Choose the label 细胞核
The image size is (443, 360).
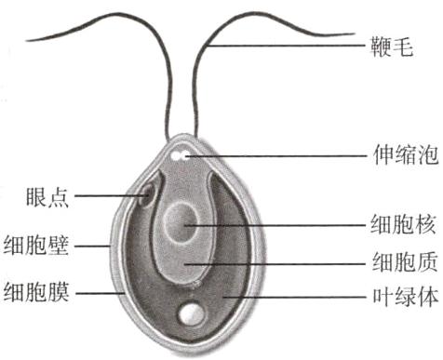coord(401,224)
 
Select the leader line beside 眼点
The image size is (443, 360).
coord(107,196)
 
